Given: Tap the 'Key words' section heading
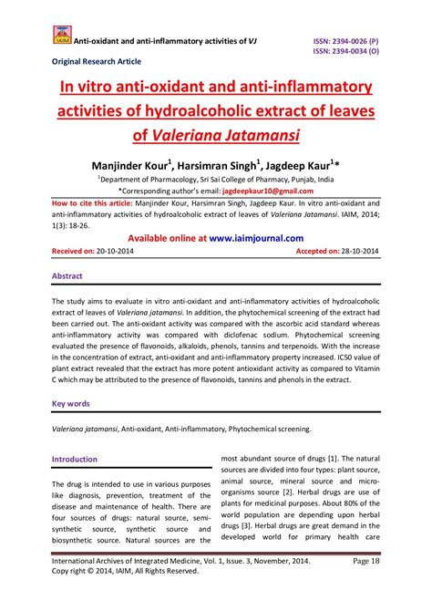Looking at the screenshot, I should (71, 402).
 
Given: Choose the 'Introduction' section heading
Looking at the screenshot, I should (75, 459).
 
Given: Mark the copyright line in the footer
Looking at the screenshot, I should (126, 599).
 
